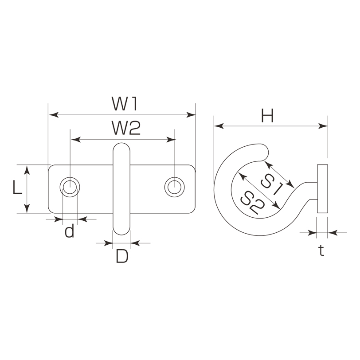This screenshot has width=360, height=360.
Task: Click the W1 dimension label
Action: (125, 103)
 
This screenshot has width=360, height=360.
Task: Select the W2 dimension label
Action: (126, 128)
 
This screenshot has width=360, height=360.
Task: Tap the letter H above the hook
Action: (267, 116)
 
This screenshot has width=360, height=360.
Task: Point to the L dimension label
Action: (17, 187)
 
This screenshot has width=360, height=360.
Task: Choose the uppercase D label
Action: (122, 256)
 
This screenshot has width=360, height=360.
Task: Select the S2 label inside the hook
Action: (252, 203)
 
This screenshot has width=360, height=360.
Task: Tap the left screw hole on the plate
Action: (70, 187)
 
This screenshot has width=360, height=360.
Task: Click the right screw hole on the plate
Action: (175, 187)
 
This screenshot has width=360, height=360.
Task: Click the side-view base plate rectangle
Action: (322, 189)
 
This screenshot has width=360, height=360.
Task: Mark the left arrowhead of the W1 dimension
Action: (54, 114)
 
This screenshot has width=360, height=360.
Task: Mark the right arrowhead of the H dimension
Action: (323, 126)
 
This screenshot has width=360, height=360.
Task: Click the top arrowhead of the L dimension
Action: (27, 170)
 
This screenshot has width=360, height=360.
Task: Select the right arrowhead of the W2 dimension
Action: (171, 139)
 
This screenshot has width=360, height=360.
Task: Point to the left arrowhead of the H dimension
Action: (219, 126)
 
